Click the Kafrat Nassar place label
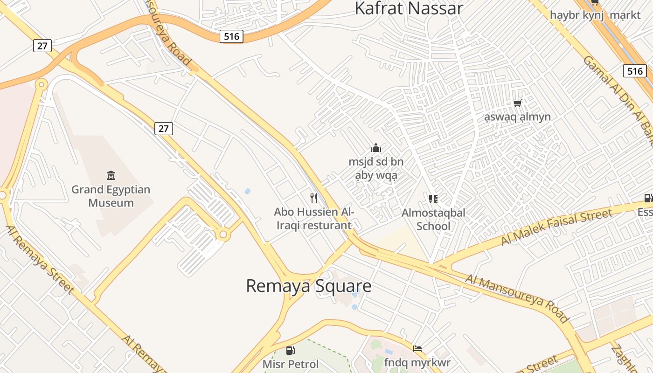click(409, 8)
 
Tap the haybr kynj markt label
click(595, 15)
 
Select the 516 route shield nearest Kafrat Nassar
click(231, 36)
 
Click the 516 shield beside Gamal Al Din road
click(635, 71)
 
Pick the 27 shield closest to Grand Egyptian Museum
click(164, 129)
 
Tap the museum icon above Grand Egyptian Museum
click(111, 176)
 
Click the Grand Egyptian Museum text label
click(111, 196)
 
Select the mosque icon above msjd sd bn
click(376, 148)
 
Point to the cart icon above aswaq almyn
click(517, 103)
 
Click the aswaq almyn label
click(517, 117)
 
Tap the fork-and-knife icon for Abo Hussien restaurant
click(314, 198)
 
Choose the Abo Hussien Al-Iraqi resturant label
click(313, 219)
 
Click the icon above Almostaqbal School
click(433, 199)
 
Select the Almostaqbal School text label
click(433, 220)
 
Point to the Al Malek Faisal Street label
click(556, 227)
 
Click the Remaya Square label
click(309, 286)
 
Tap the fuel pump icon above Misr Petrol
click(290, 350)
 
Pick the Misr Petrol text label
click(290, 364)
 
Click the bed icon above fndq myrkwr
click(417, 349)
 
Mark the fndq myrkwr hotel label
click(417, 362)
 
